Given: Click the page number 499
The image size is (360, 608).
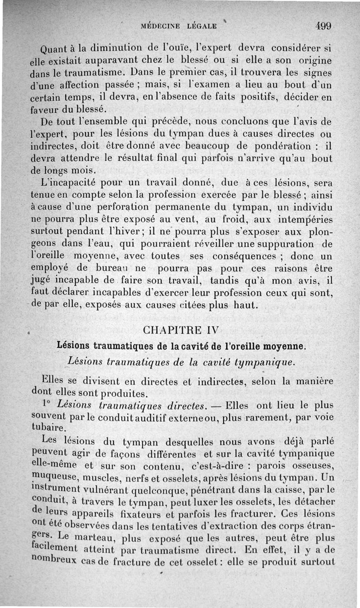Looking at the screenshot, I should [x=323, y=26].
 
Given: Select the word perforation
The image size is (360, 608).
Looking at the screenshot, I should [x=129, y=208].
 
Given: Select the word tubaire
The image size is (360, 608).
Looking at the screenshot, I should [x=50, y=427].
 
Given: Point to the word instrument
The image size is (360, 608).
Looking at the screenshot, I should [x=54, y=488].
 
